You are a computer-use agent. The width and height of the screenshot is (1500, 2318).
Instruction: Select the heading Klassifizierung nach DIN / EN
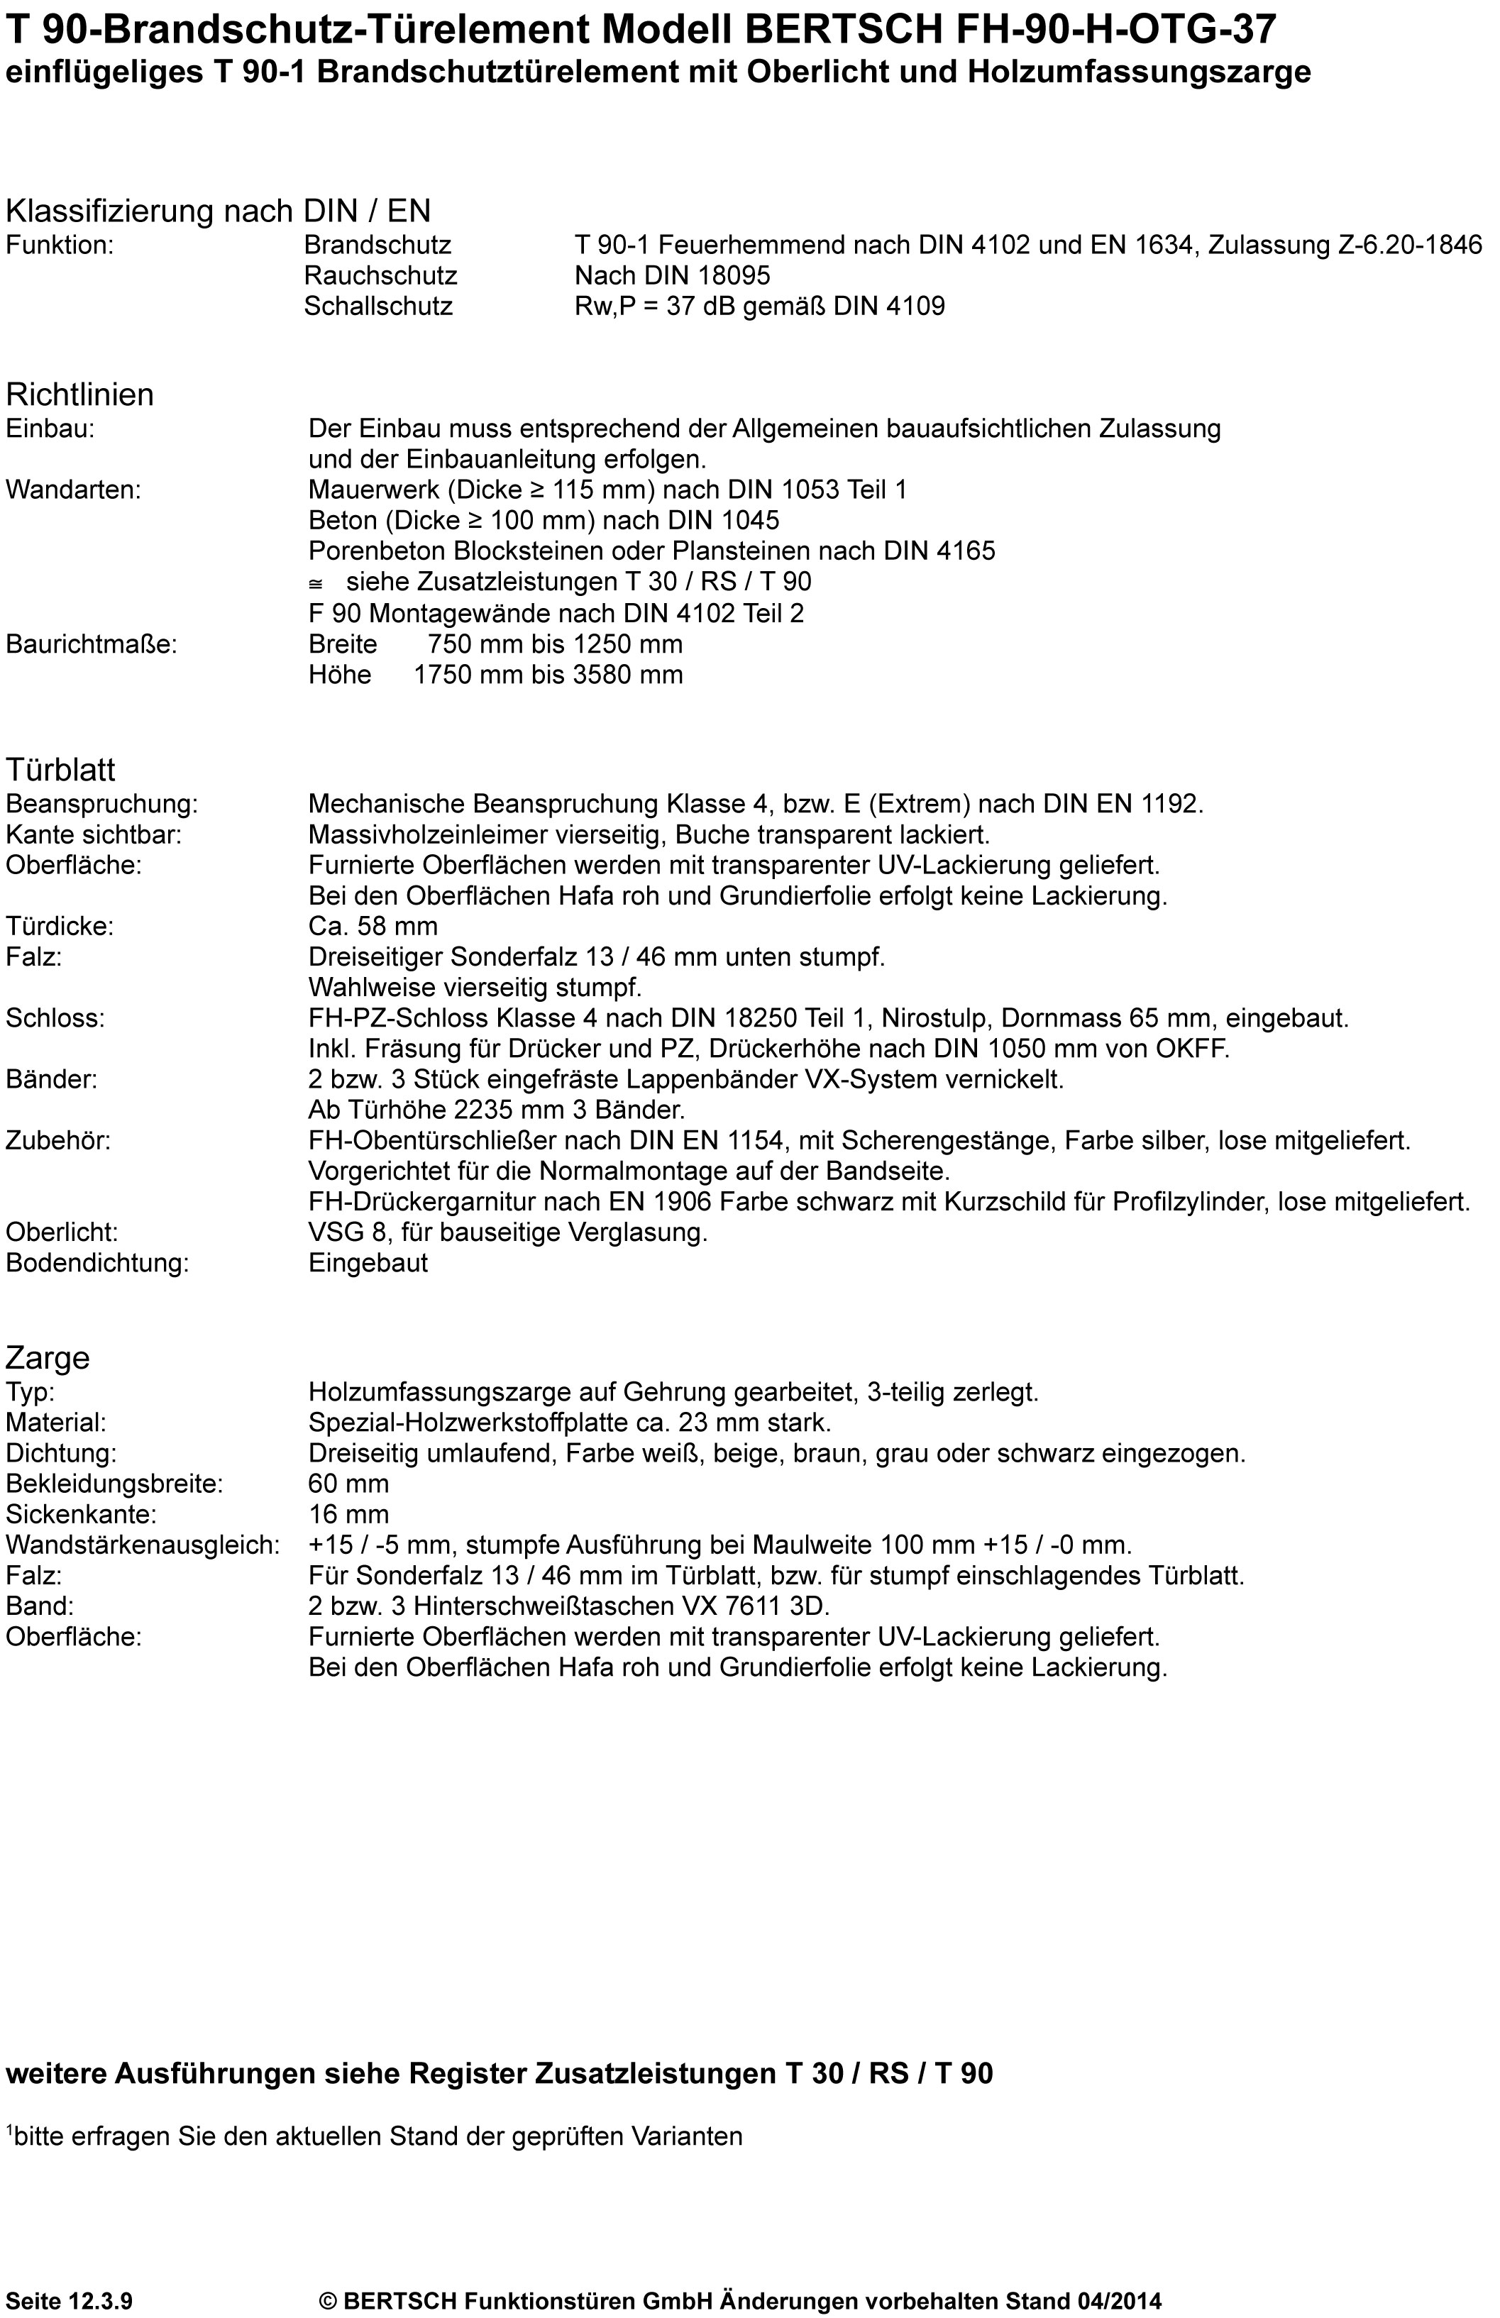[x=218, y=211]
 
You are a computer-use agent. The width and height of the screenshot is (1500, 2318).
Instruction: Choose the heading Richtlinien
[x=80, y=394]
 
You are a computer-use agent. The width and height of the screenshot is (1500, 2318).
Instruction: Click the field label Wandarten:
[x=73, y=490]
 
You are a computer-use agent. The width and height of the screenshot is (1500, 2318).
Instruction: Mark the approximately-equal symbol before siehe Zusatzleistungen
[x=316, y=583]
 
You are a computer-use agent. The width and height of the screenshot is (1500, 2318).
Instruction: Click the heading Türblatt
[x=60, y=769]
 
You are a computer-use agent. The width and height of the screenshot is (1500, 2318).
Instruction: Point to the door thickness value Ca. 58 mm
[x=373, y=926]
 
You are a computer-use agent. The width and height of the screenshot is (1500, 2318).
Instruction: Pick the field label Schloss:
[x=55, y=1019]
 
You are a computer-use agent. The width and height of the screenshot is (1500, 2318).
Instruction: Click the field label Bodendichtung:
[x=97, y=1263]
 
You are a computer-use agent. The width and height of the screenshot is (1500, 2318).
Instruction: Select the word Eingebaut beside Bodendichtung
[x=368, y=1263]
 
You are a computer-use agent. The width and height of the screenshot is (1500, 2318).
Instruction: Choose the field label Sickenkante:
[x=81, y=1515]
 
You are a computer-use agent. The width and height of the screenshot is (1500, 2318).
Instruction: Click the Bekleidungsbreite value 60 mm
[x=348, y=1484]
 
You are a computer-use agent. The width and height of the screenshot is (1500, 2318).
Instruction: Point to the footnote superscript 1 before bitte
[x=10, y=2130]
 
